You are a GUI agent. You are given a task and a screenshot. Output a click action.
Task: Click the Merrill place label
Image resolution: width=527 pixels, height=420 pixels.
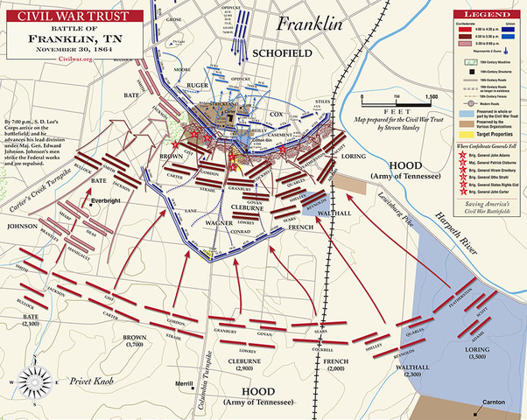pos(184,384)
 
